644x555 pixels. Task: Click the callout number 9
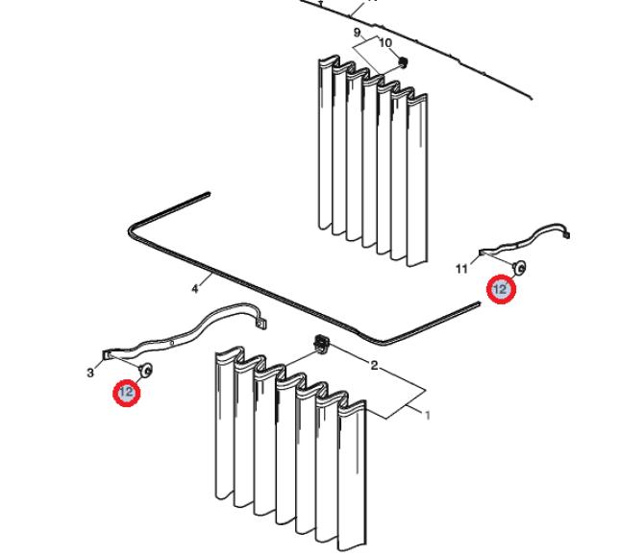coord(357,33)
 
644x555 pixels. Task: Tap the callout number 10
coord(385,42)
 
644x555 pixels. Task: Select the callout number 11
coord(461,269)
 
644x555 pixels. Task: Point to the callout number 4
coord(195,289)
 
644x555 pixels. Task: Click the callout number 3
coord(90,373)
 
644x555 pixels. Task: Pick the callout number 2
coord(374,365)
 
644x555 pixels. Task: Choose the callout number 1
coord(427,415)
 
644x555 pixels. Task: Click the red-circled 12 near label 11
coord(501,289)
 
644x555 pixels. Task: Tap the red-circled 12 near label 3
coord(127,393)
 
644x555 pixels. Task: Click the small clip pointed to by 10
coord(403,62)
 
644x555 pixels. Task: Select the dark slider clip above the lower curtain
coord(322,344)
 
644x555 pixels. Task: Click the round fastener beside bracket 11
coord(520,268)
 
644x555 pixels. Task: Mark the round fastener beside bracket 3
coord(147,370)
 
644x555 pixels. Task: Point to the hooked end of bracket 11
coord(566,233)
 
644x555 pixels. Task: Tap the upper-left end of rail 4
coord(208,194)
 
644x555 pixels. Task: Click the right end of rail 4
coord(478,303)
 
